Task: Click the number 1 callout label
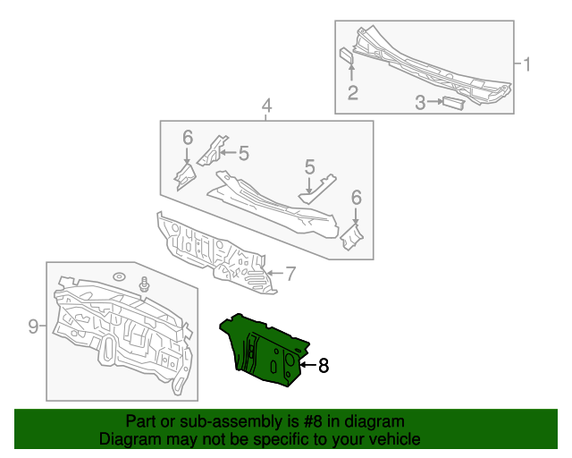(526, 64)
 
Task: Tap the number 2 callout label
(353, 92)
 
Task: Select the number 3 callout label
(419, 103)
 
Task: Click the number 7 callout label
(289, 272)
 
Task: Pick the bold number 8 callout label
(324, 365)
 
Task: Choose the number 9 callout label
(33, 327)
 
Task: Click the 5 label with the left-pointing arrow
(242, 153)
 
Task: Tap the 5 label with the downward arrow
(309, 166)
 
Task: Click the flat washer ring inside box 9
(119, 276)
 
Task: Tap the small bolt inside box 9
(143, 285)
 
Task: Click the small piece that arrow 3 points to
(452, 104)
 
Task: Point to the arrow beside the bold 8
(306, 365)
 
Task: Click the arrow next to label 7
(274, 272)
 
